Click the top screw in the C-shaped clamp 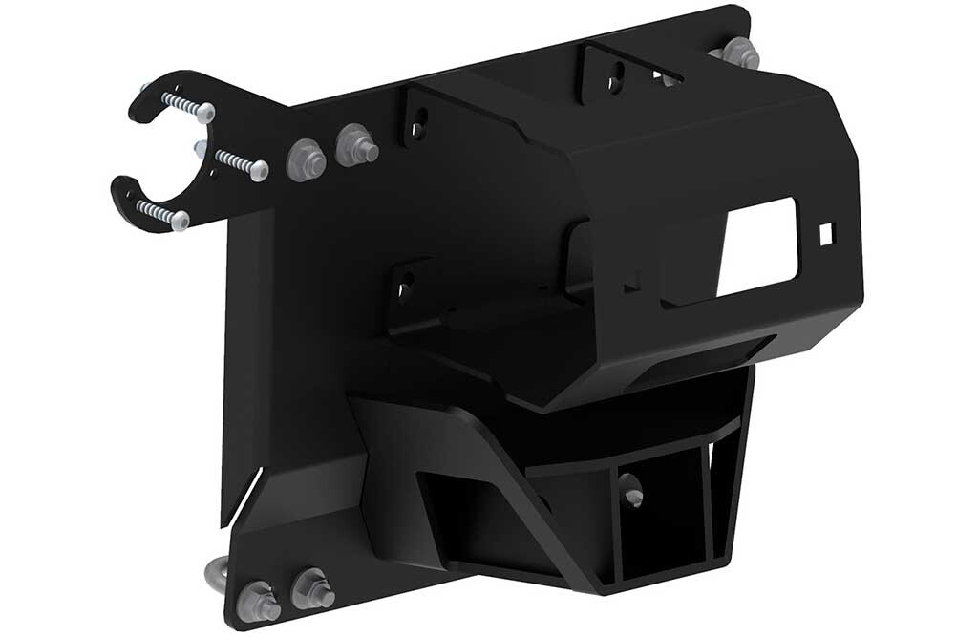[187, 105]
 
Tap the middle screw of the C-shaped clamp [239, 162]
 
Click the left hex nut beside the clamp [306, 158]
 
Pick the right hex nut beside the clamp [355, 145]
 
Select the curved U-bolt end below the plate [215, 573]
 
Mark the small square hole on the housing [827, 232]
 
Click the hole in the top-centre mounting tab [617, 73]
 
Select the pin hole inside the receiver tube [631, 496]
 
